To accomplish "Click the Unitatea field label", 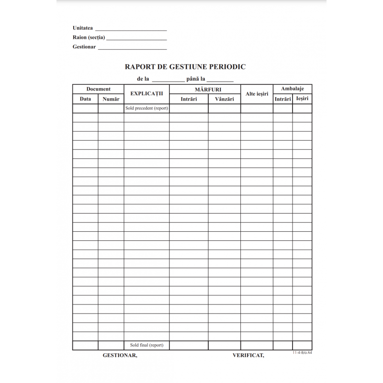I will pos(83,28).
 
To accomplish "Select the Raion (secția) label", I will pos(89,37).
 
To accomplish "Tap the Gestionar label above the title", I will pos(84,47).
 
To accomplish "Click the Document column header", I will pos(98,89).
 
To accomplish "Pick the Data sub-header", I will pos(85,99).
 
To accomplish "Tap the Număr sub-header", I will pos(111,99).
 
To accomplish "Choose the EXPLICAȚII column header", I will pos(146,94).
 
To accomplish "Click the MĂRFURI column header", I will pos(205,90).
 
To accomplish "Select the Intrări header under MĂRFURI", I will pos(189,99).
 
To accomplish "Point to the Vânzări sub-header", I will pos(224,99).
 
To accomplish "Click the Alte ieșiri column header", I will pos(257,94).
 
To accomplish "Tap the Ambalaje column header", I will pos(292,89).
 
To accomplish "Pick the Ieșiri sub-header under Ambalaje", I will pos(302,99).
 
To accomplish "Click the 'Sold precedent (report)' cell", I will pos(146,108).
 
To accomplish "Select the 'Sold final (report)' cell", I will pos(146,345).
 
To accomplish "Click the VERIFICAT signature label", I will pos(248,355).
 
